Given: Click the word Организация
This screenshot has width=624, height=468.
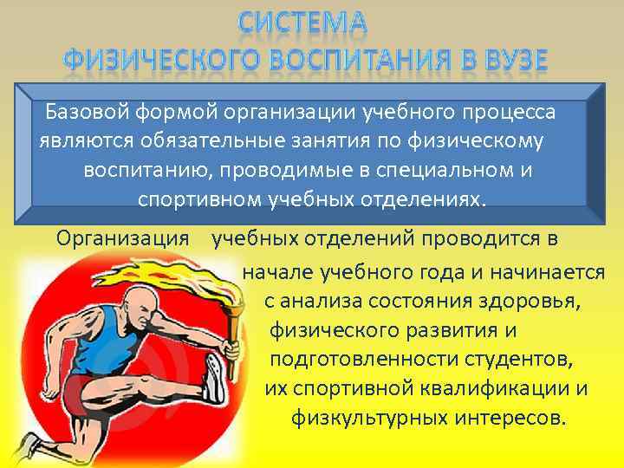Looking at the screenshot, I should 122,237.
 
